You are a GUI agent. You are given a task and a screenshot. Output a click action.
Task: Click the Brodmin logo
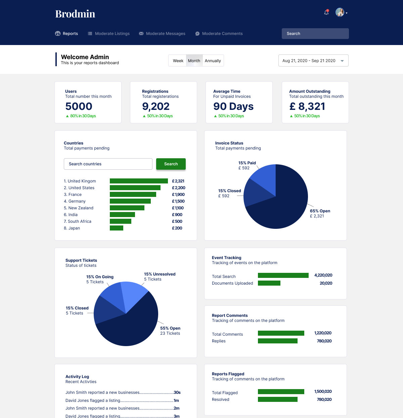(75, 14)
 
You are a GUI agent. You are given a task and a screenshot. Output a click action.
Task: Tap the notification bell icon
(326, 12)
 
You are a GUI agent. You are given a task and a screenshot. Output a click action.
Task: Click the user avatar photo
(340, 12)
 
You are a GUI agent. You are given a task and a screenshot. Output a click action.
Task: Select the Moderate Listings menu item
(108, 34)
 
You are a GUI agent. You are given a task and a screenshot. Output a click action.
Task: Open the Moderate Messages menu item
(162, 34)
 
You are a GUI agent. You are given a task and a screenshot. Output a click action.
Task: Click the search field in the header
(315, 34)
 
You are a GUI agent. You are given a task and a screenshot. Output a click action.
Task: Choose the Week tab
(178, 61)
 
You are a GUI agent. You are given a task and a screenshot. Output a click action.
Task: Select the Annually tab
(213, 61)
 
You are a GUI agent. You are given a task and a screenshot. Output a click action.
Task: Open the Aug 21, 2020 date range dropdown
(313, 60)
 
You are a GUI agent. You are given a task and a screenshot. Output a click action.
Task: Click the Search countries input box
(108, 164)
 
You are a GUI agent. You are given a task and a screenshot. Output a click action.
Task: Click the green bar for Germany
(130, 201)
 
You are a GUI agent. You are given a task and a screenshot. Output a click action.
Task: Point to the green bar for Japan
(117, 228)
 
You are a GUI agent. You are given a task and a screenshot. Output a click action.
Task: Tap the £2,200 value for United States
(178, 188)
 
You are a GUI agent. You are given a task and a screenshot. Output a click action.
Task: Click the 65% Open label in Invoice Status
(320, 211)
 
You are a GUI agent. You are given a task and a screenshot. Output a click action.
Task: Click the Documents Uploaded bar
(269, 283)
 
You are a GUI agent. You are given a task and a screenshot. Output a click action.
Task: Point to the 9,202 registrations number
(156, 106)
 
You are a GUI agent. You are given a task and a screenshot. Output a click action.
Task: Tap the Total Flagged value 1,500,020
(323, 391)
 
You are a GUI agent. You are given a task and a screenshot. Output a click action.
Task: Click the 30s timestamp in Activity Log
(177, 392)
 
